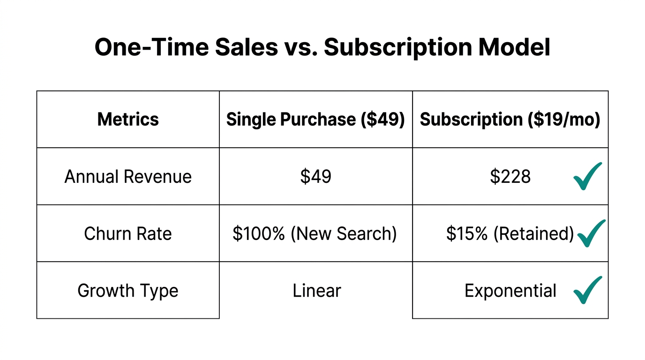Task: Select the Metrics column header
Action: click(x=128, y=120)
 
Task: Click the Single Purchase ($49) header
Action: click(x=315, y=120)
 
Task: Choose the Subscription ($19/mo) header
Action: click(x=510, y=120)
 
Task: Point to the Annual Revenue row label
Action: click(x=128, y=177)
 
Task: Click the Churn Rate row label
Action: click(x=128, y=233)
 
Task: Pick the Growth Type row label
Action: click(x=128, y=291)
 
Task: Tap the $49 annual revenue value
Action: click(x=315, y=177)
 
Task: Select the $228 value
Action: click(x=510, y=177)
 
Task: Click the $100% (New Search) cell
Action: click(x=315, y=233)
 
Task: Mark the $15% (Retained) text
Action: click(x=510, y=233)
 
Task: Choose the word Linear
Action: click(x=316, y=291)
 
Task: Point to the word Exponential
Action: click(x=510, y=291)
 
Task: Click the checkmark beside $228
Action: click(x=587, y=176)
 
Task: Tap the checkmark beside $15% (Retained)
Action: click(x=591, y=233)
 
